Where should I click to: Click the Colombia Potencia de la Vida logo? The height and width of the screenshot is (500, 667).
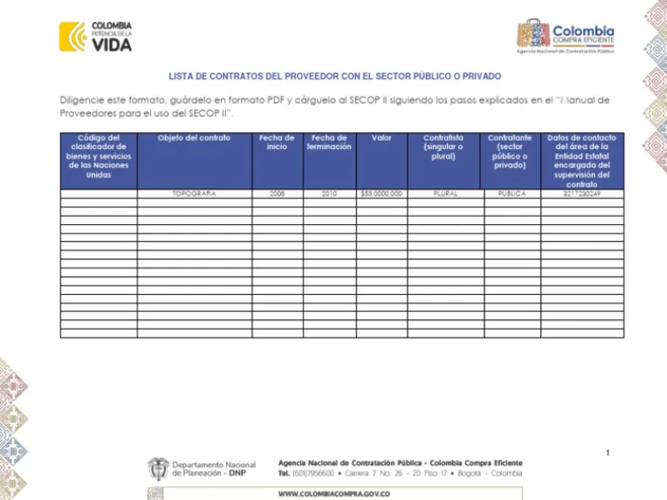pos(95,37)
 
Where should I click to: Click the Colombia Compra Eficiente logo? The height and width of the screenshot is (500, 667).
pos(566,37)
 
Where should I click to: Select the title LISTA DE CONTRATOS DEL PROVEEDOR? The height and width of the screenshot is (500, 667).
pos(334,76)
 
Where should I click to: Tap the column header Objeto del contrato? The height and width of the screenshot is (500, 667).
pos(194,138)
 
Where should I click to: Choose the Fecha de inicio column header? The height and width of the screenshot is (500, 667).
pos(277,142)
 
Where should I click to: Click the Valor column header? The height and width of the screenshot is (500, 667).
pos(381,138)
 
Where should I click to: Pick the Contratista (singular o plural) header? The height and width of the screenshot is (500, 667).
pos(443,147)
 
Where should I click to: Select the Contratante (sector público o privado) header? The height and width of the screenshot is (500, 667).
pos(509,151)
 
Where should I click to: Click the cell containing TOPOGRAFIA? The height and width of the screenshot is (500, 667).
pos(194,193)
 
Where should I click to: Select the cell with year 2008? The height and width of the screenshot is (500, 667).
pos(277,193)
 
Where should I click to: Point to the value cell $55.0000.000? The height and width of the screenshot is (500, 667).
pos(381,193)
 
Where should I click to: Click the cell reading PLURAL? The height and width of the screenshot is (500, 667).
pos(443,193)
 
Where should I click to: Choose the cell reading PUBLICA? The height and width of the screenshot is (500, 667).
pos(509,193)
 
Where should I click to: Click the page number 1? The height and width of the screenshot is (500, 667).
pos(608,452)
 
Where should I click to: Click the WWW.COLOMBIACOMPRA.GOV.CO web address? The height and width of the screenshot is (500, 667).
pos(333,493)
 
